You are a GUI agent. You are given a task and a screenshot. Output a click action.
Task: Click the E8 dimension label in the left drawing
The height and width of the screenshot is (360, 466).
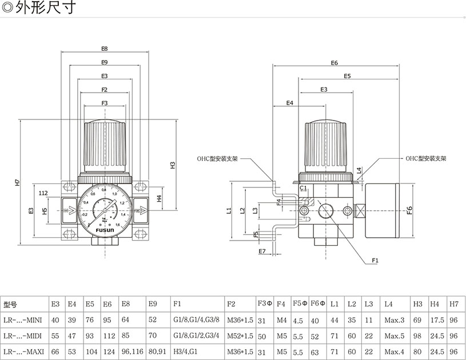click(x=105, y=49)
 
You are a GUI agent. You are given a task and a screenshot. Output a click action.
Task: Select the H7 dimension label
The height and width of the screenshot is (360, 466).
click(x=18, y=183)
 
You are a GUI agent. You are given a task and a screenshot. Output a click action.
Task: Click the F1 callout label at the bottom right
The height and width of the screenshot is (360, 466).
click(x=375, y=260)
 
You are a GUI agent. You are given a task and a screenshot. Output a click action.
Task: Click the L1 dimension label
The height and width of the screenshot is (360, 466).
click(x=229, y=210)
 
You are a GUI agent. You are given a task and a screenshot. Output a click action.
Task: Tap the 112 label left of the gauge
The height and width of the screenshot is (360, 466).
click(x=43, y=193)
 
